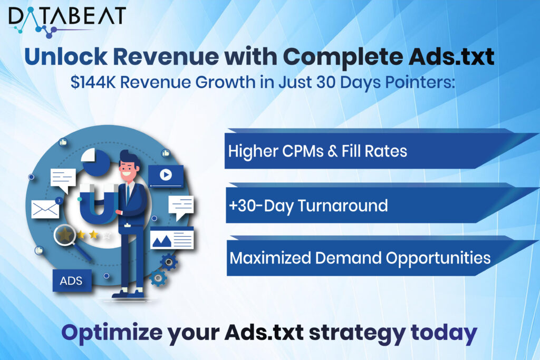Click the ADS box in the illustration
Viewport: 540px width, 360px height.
(71, 280)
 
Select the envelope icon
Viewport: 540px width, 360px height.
(45, 209)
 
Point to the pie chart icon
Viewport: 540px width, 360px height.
(95, 160)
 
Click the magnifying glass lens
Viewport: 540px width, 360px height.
(66, 236)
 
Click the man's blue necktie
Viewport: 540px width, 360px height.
(127, 194)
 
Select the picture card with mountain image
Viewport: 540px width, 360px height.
(171, 239)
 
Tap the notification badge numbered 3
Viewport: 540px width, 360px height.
(58, 201)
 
